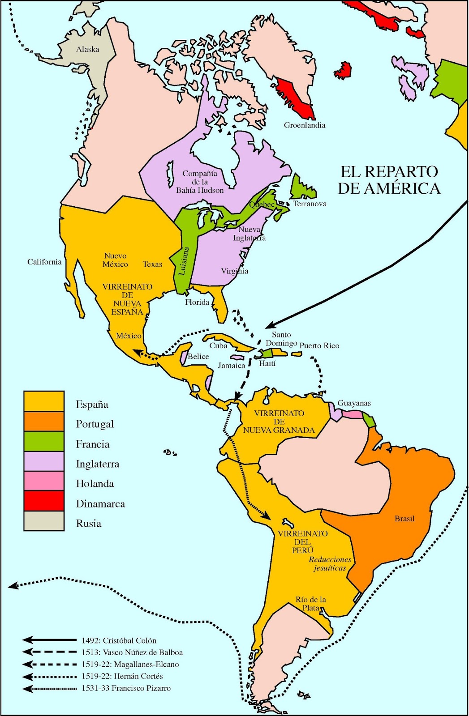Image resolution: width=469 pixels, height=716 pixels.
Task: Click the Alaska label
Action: pos(87,49)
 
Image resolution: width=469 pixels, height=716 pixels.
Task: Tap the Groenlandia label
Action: pos(305,125)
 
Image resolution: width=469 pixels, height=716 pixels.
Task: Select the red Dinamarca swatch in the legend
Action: pos(44,501)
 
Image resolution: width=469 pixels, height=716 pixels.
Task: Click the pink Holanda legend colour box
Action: pos(44,481)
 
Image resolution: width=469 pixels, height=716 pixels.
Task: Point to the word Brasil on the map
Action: pos(404,519)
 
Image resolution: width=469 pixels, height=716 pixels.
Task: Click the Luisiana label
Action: pos(184,261)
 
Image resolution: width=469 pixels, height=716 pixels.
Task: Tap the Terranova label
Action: pos(310,204)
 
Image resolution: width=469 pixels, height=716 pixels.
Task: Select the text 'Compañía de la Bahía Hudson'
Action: pos(200,182)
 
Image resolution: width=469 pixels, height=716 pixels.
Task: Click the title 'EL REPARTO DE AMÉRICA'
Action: pos(389,180)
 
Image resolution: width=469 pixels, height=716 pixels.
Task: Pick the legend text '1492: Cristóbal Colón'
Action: pos(119,641)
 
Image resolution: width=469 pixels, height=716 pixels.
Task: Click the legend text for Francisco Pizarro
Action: pos(126,688)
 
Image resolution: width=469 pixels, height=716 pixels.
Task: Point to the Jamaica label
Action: pos(232,366)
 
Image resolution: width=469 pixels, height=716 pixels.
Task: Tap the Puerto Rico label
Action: pos(319,346)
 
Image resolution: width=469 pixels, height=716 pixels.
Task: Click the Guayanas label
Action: pos(354,403)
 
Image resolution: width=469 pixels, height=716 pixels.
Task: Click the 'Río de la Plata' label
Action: pos(311,604)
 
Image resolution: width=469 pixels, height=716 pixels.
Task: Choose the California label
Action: pos(44,262)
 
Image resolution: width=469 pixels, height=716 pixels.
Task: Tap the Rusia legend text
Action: pos(89,524)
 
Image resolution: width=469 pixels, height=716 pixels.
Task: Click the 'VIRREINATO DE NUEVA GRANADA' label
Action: pos(279,422)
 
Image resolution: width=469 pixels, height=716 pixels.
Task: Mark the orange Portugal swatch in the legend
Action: pos(44,422)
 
